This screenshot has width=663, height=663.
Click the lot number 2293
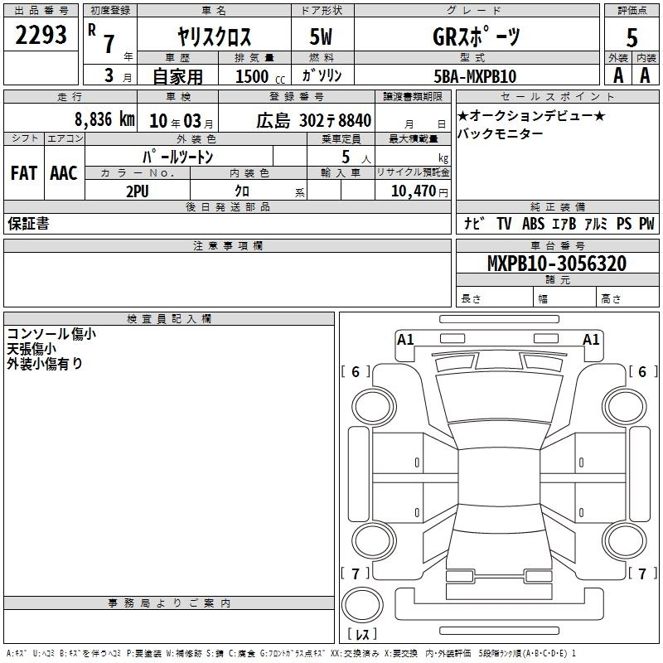(x=41, y=35)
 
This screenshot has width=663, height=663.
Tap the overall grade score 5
(x=632, y=37)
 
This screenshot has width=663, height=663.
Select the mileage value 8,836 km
(x=105, y=119)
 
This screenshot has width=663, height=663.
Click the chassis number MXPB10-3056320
(x=557, y=263)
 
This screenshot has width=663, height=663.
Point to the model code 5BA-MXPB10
(x=475, y=76)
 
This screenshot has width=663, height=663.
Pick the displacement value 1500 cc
(x=260, y=76)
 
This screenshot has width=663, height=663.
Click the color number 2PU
(x=138, y=191)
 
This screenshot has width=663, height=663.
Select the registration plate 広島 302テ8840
(x=314, y=121)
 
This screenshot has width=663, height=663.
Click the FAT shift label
(x=24, y=173)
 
